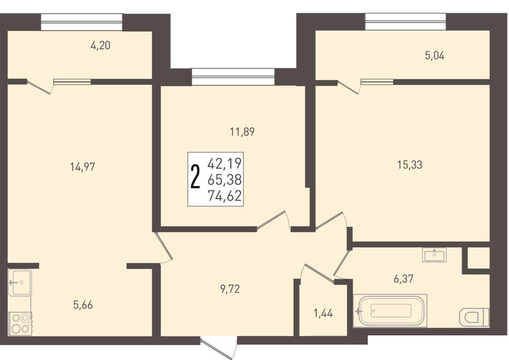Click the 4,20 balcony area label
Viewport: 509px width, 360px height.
pyautogui.click(x=101, y=46)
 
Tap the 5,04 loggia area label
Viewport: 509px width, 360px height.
pyautogui.click(x=435, y=56)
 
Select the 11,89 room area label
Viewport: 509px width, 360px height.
pyautogui.click(x=242, y=132)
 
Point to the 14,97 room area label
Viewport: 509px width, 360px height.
pyautogui.click(x=83, y=167)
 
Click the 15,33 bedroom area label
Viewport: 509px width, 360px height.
pyautogui.click(x=410, y=165)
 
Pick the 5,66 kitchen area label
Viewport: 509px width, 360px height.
pyautogui.click(x=83, y=305)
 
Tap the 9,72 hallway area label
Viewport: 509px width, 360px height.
pyautogui.click(x=230, y=289)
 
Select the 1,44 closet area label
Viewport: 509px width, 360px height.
pyautogui.click(x=323, y=313)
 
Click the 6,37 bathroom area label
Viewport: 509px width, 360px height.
pyautogui.click(x=403, y=279)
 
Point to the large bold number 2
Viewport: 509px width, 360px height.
pyautogui.click(x=195, y=177)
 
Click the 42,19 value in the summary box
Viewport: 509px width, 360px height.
pyautogui.click(x=224, y=163)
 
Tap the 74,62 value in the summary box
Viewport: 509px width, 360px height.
pyautogui.click(x=224, y=196)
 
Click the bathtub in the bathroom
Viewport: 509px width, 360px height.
pyautogui.click(x=390, y=311)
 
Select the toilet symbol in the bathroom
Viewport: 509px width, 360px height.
pyautogui.click(x=474, y=316)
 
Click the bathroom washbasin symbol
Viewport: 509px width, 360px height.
pyautogui.click(x=435, y=254)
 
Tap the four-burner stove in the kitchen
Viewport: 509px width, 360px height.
pyautogui.click(x=20, y=324)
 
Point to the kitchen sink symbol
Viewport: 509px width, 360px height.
pyautogui.click(x=20, y=282)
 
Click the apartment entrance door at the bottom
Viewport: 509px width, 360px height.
pyautogui.click(x=220, y=348)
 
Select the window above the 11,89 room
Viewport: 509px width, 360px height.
pyautogui.click(x=233, y=77)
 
